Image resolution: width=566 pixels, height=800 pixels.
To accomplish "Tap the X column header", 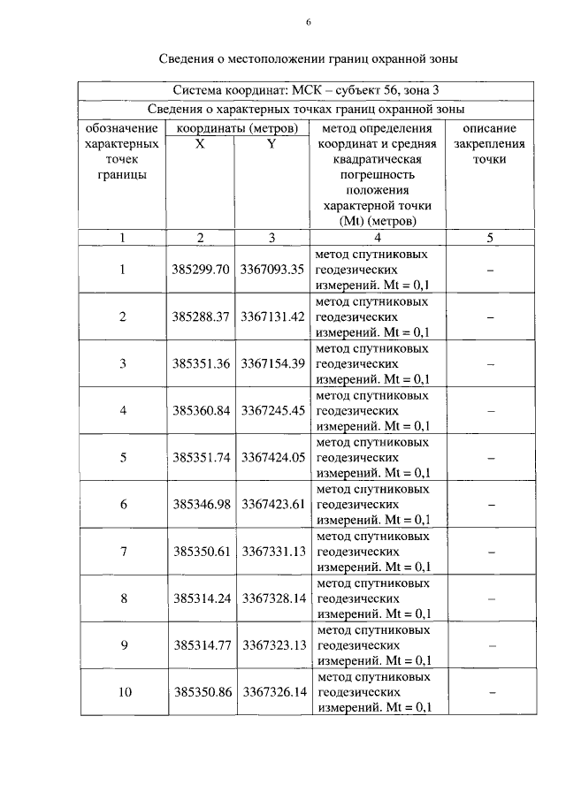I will click(x=201, y=144).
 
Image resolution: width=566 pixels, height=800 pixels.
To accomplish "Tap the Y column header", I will click(x=272, y=144).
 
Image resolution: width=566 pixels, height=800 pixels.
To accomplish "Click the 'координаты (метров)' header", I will click(x=235, y=128).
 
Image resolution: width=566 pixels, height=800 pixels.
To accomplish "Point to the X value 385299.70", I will click(x=202, y=270).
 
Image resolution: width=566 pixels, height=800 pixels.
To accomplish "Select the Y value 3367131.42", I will click(x=272, y=316).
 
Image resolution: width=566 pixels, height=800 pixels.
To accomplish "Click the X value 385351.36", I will click(x=202, y=363).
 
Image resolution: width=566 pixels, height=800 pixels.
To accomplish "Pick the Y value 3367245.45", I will click(x=272, y=410).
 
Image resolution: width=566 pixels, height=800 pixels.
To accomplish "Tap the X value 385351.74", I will click(x=202, y=457).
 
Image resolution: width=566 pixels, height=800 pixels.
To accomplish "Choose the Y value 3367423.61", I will click(x=272, y=504).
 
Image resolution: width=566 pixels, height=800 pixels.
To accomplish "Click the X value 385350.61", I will click(x=202, y=551).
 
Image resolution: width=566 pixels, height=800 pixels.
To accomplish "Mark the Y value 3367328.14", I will click(x=272, y=598).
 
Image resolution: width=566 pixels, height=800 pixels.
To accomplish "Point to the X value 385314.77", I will click(x=202, y=644).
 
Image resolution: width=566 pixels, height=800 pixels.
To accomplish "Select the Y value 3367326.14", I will click(x=272, y=691).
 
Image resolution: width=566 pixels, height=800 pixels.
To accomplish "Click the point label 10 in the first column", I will click(x=123, y=691).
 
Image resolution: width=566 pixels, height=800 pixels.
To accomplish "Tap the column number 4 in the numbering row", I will click(x=378, y=237).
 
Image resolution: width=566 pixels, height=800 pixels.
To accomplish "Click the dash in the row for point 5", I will click(x=489, y=457).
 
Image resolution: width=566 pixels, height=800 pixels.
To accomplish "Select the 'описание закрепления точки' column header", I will click(x=489, y=144).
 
